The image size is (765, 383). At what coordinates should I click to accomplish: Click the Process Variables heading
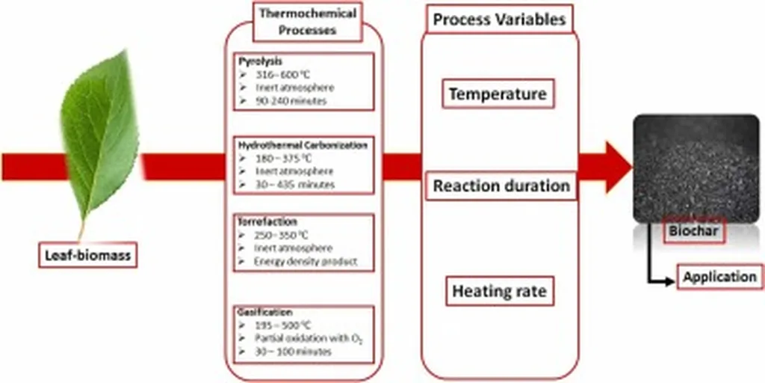[x=499, y=20]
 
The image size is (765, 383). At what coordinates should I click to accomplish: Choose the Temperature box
[x=498, y=95]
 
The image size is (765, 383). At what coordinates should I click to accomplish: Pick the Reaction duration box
[x=501, y=186]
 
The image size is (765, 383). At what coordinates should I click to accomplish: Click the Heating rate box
[x=500, y=292]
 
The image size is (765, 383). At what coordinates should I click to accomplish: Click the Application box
[x=719, y=277]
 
